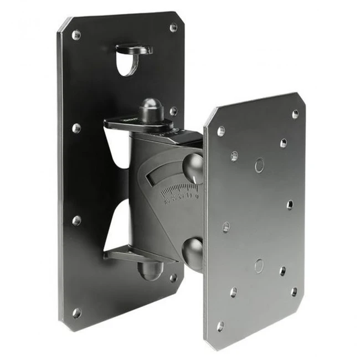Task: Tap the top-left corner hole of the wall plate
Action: [x=76, y=35]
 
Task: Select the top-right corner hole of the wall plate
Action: [x=173, y=27]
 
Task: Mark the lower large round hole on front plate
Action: [x=259, y=265]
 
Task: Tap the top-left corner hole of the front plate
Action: [x=221, y=131]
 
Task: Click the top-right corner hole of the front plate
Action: [x=295, y=114]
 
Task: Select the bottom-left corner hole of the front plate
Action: [x=221, y=326]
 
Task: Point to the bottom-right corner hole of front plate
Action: [x=294, y=291]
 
